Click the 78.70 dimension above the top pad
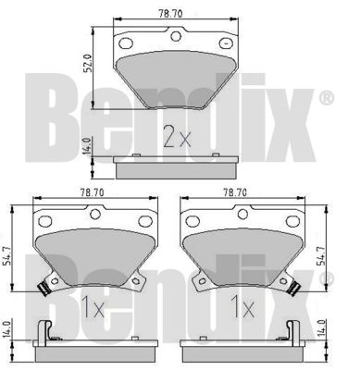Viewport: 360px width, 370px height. tap(170, 14)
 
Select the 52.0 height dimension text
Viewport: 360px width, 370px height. tap(88, 63)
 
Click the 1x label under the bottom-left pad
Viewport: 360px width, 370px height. tap(93, 307)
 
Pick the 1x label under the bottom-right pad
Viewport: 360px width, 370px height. tap(243, 307)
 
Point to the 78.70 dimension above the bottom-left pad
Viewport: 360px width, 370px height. tap(93, 192)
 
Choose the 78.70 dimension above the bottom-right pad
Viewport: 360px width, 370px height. tap(235, 192)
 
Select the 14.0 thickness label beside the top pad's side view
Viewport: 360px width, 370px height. tap(87, 146)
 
